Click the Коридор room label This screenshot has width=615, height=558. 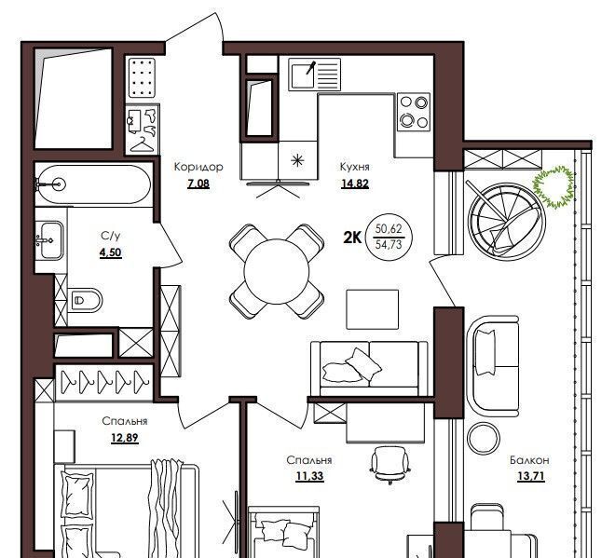[x=198, y=167]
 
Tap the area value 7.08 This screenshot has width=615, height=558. [x=198, y=184]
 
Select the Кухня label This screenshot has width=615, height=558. [x=355, y=167]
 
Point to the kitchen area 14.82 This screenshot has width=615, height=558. [x=355, y=184]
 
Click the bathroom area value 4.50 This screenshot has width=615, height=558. [x=111, y=252]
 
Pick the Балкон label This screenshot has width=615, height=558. [x=529, y=460]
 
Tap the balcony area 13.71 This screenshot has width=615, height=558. [x=531, y=476]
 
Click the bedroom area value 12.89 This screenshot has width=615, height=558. [x=125, y=438]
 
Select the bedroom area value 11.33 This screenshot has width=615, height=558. [x=310, y=476]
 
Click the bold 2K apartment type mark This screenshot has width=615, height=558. [x=352, y=238]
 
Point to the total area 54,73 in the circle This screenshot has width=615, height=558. [x=389, y=245]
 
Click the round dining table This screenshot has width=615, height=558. [x=277, y=271]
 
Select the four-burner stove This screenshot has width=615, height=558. [x=414, y=113]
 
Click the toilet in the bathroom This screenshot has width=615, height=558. [x=85, y=300]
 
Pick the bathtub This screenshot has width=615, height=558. [x=93, y=184]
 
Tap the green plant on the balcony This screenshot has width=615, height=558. [x=553, y=186]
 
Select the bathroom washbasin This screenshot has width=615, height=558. [x=49, y=240]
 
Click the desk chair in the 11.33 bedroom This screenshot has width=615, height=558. [x=390, y=464]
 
